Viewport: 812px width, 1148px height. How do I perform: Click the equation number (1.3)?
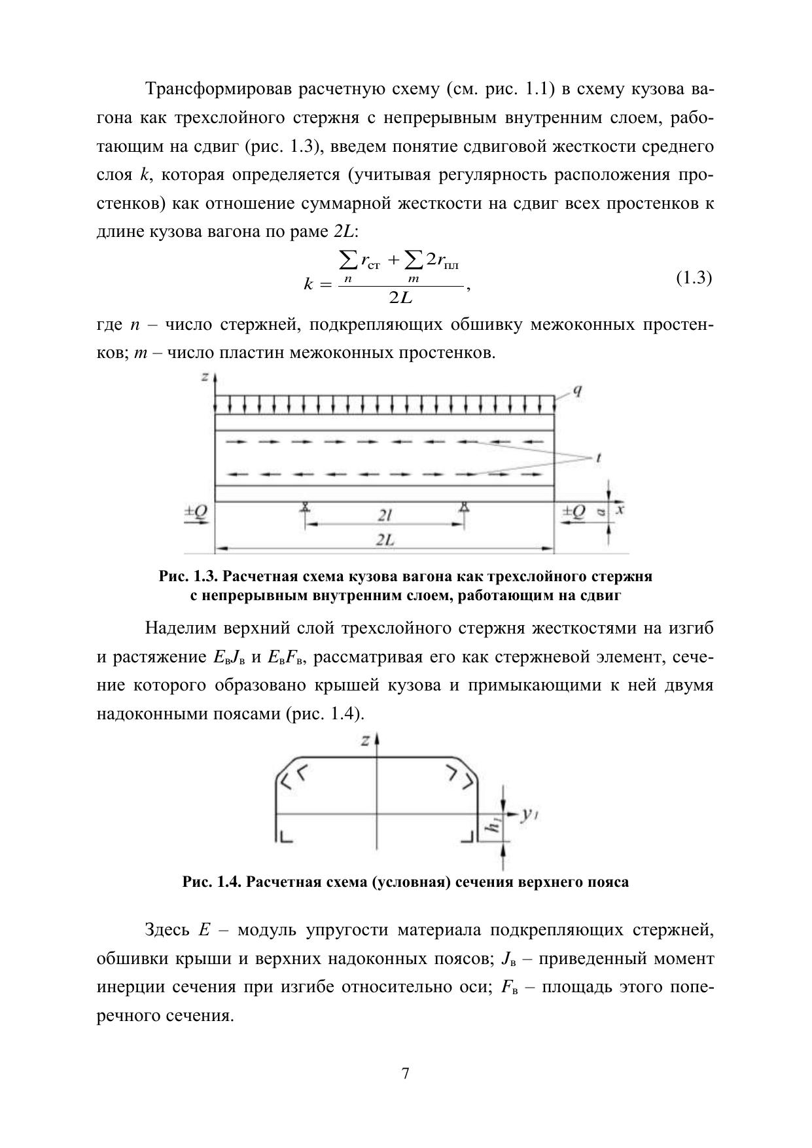click(693, 278)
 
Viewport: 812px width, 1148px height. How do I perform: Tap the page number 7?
click(406, 1073)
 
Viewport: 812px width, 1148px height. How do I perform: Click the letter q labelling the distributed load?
click(578, 391)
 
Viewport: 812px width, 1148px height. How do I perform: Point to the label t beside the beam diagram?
click(598, 458)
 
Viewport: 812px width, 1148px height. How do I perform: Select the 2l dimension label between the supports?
click(384, 516)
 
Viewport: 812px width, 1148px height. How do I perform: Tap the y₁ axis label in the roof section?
click(529, 815)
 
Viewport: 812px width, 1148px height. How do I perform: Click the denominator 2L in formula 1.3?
click(400, 298)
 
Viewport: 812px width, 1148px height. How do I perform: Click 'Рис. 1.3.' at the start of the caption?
click(188, 577)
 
